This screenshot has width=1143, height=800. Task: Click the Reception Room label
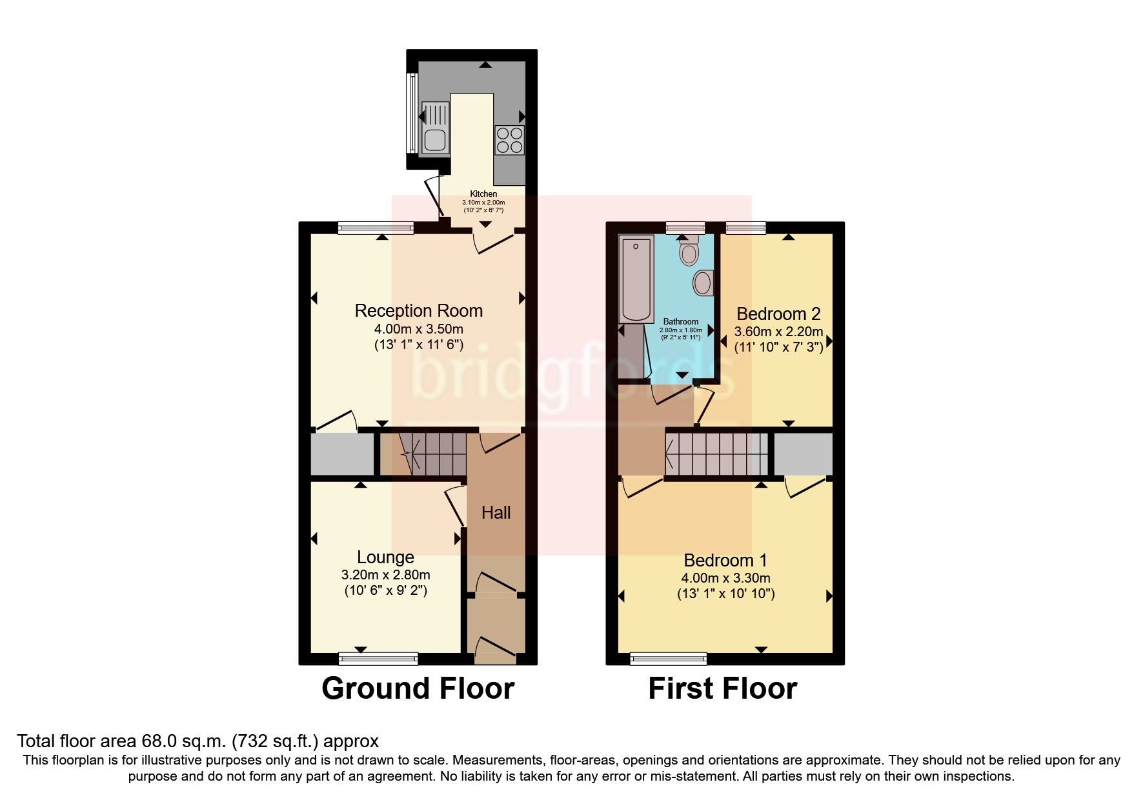tap(418, 311)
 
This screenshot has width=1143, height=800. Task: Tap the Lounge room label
tap(385, 557)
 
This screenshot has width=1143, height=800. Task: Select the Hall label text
tap(496, 513)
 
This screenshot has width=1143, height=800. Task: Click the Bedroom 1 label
tap(725, 561)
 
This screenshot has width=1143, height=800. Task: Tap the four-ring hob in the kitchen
tap(509, 139)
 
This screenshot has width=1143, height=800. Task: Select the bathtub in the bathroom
tap(636, 279)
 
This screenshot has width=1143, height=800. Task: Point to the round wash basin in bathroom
tap(702, 283)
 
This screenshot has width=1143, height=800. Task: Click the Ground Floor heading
tap(418, 688)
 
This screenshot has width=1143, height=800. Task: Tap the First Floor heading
tap(722, 688)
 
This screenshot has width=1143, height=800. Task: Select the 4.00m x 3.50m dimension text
tap(418, 329)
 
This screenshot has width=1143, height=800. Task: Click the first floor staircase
tap(716, 454)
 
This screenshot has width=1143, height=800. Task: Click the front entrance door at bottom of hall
tap(496, 648)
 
